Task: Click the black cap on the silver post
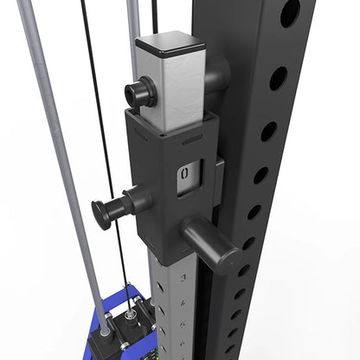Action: (170, 45)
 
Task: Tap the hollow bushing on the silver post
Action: (140, 92)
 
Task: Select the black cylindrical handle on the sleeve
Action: (212, 241)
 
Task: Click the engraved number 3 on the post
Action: (183, 278)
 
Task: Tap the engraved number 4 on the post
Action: (183, 303)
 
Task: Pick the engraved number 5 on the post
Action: (183, 325)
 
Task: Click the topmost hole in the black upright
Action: (291, 12)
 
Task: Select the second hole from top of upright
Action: (279, 79)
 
